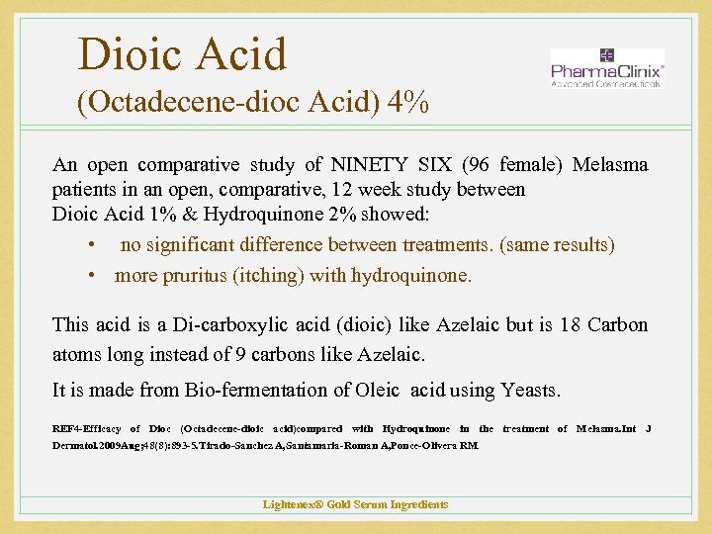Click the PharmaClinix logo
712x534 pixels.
606,68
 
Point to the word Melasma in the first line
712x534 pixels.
610,164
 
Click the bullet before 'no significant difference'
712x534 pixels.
91,245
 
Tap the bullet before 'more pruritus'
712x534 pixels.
91,276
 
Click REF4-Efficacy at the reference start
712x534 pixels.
86,428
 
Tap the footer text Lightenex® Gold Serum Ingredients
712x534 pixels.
355,504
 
